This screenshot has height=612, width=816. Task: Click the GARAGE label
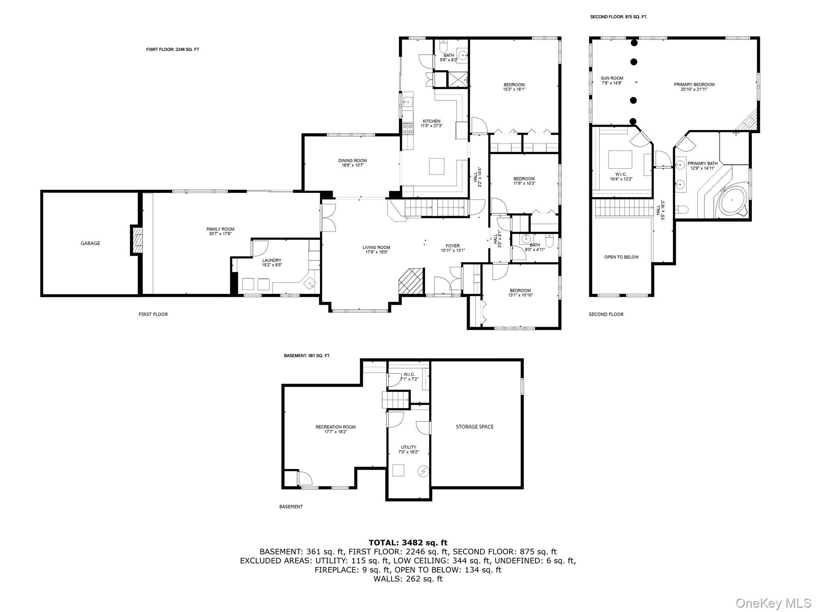point(90,243)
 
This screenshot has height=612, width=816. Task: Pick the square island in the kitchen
point(437,167)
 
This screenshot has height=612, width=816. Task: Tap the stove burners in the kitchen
point(408,128)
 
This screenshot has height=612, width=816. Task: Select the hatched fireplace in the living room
point(411,281)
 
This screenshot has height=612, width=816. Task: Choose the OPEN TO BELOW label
point(622,257)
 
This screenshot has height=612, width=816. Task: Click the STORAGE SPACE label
point(475,427)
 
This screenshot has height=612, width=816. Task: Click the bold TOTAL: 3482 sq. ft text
point(408,543)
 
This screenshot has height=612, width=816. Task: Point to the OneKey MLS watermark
point(773,603)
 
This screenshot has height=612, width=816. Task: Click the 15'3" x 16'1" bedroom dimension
point(514,89)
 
